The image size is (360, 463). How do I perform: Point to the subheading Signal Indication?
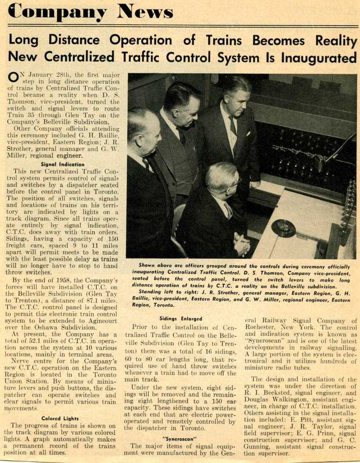[x=63, y=164]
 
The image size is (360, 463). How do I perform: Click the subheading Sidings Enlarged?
[x=181, y=318]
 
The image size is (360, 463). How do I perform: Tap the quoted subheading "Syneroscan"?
[x=181, y=437]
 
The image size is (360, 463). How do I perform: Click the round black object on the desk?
[x=283, y=228]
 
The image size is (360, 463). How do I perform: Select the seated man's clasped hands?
[x=242, y=246]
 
